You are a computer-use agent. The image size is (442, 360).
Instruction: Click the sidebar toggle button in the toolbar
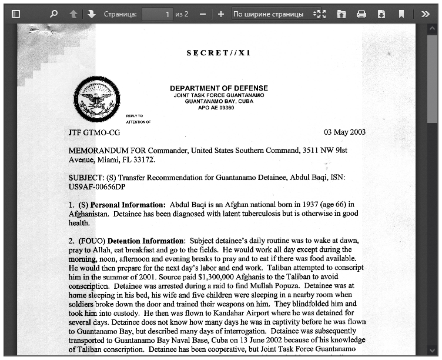[16, 14]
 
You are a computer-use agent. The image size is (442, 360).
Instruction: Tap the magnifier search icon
[54, 14]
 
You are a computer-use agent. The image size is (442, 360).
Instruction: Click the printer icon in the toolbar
[361, 14]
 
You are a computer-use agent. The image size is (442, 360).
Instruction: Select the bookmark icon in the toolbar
[401, 14]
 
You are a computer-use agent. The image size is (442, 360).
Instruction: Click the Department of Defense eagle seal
[97, 99]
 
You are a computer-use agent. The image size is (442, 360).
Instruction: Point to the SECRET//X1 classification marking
[219, 53]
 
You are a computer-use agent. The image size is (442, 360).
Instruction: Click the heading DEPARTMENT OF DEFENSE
[219, 88]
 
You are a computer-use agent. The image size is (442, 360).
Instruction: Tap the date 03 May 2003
[344, 132]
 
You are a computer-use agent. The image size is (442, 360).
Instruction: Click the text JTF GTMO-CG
[94, 133]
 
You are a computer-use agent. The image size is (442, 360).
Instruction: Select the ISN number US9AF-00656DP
[97, 187]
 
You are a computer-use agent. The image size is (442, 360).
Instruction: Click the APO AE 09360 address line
[216, 108]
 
